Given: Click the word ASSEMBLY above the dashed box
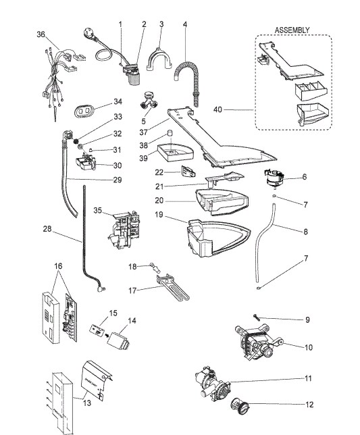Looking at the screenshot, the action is (292, 30).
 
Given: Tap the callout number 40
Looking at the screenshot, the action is (217, 109).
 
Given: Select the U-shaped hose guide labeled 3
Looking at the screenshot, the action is (159, 59).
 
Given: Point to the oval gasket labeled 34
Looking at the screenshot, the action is (84, 111).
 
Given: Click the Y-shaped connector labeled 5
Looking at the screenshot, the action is (149, 101).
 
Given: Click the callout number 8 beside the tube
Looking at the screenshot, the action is (305, 232).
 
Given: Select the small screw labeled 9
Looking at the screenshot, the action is (256, 317).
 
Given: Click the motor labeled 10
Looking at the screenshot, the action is (258, 343).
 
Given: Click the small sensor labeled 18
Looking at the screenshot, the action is (155, 267).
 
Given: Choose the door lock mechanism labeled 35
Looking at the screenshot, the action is (124, 231).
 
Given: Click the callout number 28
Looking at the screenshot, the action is (47, 229).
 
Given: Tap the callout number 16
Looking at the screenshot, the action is (58, 266).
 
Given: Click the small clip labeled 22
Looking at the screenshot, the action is (188, 172).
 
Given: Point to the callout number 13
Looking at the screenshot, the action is (87, 403).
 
